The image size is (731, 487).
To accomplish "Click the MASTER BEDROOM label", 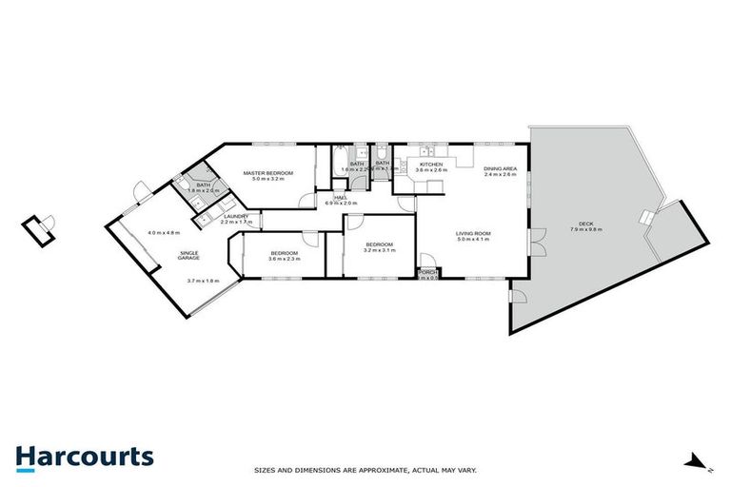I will click(272, 172).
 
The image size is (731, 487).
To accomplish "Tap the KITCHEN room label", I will click(431, 164).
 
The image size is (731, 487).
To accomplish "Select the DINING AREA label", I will click(500, 168).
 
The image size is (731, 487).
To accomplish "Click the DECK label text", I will click(579, 224).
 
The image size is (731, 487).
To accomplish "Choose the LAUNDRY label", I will click(235, 216).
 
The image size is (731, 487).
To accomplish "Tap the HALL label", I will click(340, 197).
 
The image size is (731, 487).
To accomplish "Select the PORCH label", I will click(427, 272).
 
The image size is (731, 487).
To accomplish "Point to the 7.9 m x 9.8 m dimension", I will click(579, 231).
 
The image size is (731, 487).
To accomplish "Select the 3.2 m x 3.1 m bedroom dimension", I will click(380, 251).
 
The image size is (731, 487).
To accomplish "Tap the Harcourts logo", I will click(84, 457).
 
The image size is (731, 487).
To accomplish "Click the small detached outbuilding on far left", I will click(39, 228).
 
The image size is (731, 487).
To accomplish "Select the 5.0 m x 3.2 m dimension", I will click(272, 179).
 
